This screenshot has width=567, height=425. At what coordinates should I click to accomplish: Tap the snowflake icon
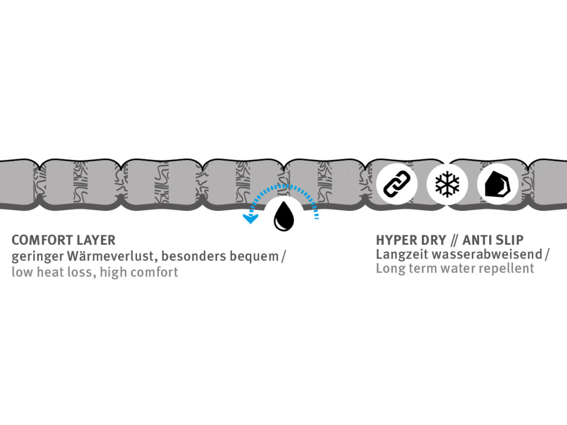(447, 184)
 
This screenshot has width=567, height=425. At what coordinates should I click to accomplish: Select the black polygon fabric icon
(497, 185)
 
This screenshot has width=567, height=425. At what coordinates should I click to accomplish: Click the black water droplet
(284, 218)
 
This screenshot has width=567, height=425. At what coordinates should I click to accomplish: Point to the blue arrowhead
(250, 218)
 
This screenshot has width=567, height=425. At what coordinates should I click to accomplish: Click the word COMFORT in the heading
(42, 241)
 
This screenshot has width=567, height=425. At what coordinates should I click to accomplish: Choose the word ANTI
(478, 241)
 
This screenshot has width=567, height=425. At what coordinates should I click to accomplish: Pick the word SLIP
(510, 241)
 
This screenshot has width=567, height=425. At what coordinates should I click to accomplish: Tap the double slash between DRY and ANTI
(455, 241)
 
